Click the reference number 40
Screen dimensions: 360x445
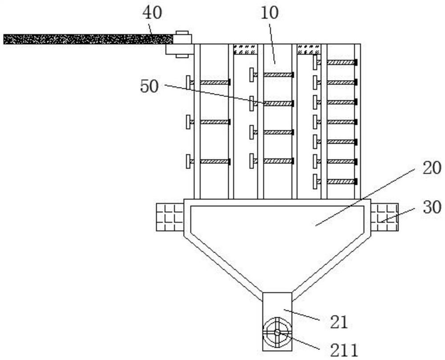coord(152,13)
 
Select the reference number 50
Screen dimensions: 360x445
coord(149,86)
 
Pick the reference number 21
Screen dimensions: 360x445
coord(338,322)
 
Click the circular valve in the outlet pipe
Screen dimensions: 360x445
coord(277,332)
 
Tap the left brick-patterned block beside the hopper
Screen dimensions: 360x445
coord(170,217)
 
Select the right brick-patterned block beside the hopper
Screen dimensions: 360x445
coord(385,217)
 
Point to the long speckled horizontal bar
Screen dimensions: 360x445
coord(87,39)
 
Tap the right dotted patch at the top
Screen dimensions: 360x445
coord(309,49)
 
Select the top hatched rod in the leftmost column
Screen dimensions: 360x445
coord(214,82)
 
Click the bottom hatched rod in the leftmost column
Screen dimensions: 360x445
coord(214,161)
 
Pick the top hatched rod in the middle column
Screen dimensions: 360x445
coord(278,75)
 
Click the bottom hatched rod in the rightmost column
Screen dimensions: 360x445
coord(342,181)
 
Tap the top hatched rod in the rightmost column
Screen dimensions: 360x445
coord(342,62)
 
